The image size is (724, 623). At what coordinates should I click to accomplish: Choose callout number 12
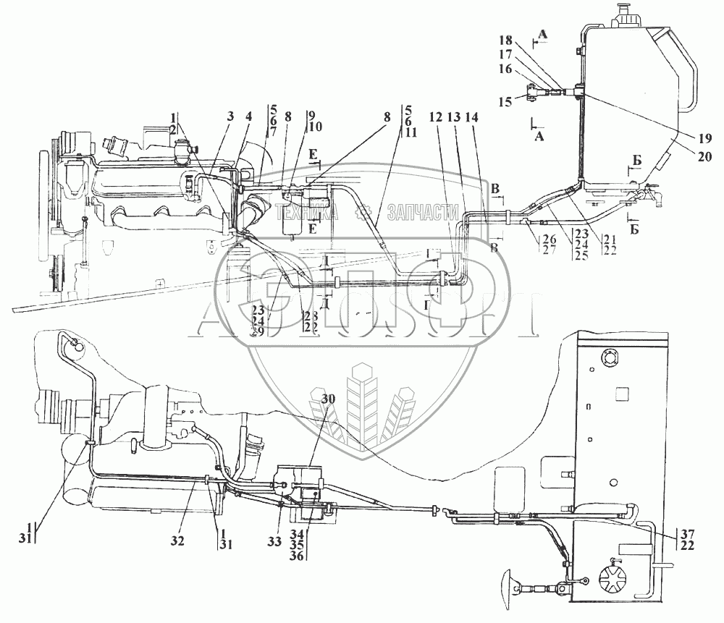pyautogui.click(x=437, y=116)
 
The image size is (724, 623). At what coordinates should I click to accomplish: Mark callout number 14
pyautogui.click(x=472, y=116)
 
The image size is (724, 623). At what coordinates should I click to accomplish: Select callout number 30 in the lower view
pyautogui.click(x=329, y=399)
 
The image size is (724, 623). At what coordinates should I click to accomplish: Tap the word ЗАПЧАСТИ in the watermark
pyautogui.click(x=424, y=212)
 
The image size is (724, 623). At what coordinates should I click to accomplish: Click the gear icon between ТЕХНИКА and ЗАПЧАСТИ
pyautogui.click(x=364, y=212)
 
